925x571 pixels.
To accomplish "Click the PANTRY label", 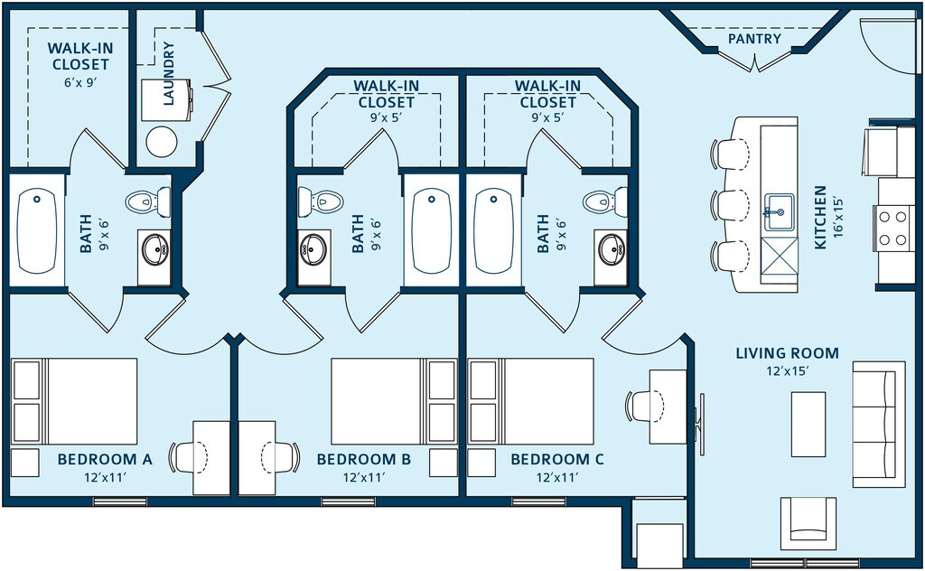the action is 754,39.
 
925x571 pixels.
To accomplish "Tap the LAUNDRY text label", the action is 168,73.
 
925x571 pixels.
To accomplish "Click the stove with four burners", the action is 892,226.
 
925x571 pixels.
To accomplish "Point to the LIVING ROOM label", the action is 787,353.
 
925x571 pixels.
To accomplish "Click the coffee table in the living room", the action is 808,423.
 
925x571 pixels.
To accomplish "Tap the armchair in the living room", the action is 808,524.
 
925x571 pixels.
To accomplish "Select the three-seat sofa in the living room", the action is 878,424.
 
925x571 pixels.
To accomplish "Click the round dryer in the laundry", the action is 163,141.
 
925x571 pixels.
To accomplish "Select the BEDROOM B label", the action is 363,460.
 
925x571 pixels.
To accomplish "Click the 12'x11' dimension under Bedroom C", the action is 557,478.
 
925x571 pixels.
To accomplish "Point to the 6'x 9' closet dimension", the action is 80,81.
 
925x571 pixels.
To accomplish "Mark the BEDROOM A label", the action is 105,460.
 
